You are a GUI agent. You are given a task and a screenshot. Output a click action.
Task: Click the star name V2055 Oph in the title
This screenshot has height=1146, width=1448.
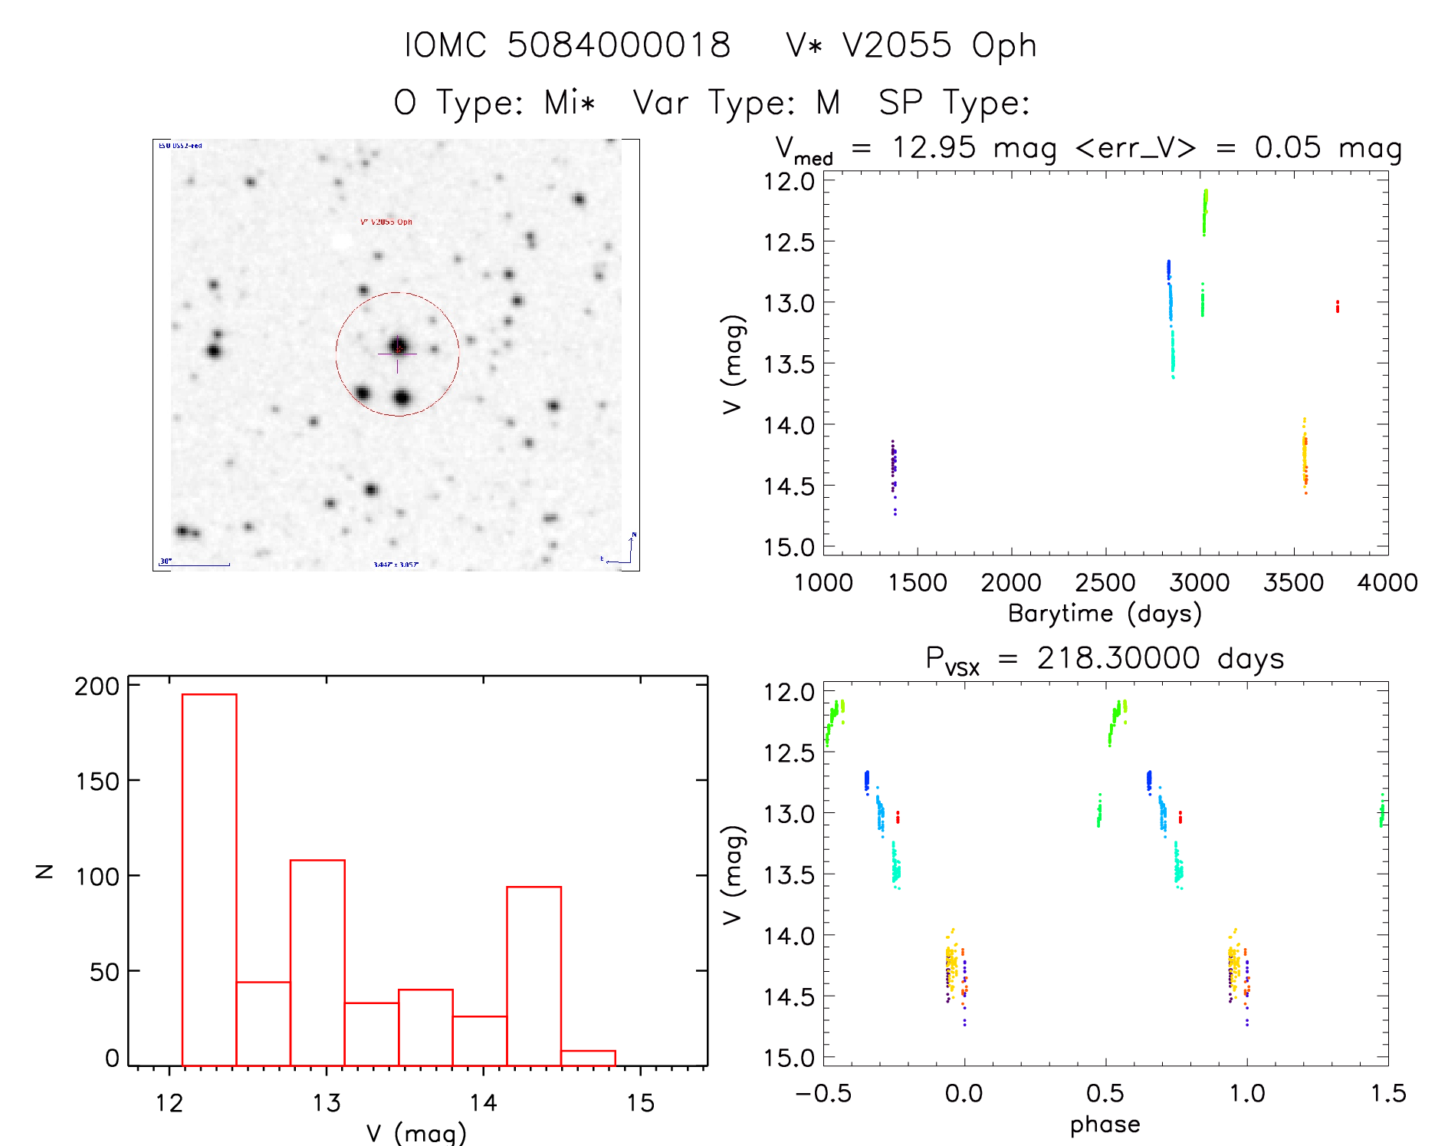click(939, 46)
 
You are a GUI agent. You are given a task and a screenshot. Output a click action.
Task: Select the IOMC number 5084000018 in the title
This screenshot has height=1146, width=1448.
click(619, 46)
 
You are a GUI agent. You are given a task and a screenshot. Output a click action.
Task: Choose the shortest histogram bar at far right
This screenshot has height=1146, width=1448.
click(588, 1058)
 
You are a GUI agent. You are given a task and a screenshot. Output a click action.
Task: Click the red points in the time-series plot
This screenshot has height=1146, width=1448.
click(1337, 307)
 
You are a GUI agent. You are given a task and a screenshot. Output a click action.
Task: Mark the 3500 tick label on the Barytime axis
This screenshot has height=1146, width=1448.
click(1293, 583)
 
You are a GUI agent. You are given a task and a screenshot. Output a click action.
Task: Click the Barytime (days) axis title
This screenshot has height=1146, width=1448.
click(1105, 614)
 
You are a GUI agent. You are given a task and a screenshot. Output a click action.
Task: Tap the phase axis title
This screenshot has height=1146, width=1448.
click(1105, 1125)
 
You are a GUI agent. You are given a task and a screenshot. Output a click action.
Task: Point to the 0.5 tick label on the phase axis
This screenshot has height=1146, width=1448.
click(1105, 1093)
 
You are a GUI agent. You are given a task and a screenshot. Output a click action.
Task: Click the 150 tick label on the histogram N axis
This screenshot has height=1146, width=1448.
click(97, 782)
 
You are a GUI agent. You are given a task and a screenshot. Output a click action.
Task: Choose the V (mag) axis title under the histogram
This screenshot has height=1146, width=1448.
click(416, 1133)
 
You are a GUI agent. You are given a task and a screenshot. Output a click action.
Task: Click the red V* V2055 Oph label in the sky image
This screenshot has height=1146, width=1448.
click(386, 222)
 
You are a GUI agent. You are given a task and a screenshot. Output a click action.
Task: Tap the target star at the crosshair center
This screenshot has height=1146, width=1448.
click(398, 347)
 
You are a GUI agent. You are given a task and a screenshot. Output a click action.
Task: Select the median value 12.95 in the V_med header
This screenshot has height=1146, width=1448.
click(934, 147)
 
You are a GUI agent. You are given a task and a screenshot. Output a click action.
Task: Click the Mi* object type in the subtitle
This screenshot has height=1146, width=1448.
click(570, 103)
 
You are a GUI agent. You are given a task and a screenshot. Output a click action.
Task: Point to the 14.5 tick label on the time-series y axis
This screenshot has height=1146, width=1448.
click(789, 486)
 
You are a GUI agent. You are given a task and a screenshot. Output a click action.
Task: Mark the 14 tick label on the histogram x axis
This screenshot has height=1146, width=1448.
click(483, 1103)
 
